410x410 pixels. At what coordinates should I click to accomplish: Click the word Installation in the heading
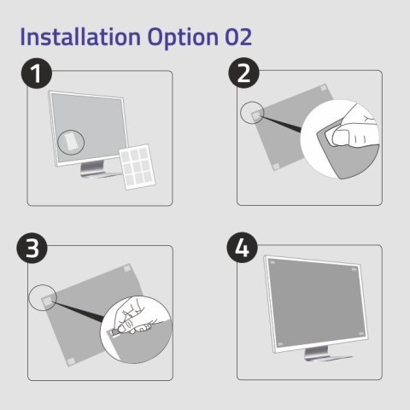[73, 38]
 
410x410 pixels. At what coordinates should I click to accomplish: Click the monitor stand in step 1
[96, 170]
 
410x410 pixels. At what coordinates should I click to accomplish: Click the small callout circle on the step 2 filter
[252, 114]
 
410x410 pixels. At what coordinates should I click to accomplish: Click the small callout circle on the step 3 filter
[42, 298]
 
